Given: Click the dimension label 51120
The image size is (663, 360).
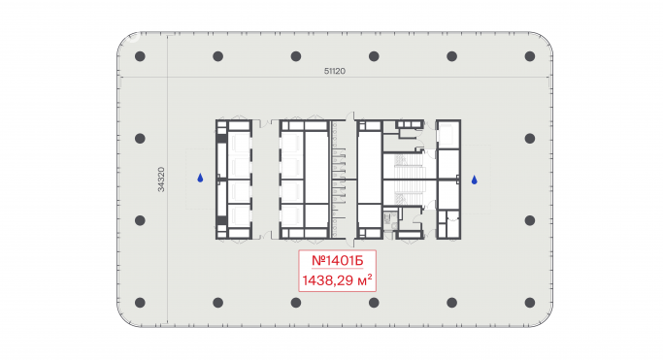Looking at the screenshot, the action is click(x=335, y=71).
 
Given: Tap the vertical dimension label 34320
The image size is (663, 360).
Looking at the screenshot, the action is click(x=161, y=180).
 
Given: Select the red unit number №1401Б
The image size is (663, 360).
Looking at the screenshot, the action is click(x=338, y=261).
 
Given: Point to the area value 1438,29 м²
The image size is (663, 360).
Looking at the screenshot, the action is click(x=338, y=279).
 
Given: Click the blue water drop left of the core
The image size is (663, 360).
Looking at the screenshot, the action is click(x=200, y=178).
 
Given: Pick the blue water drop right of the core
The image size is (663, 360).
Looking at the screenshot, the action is click(x=475, y=180).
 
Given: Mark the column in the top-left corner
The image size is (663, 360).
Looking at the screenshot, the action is click(x=140, y=56).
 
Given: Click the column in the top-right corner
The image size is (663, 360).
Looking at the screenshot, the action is click(x=530, y=56).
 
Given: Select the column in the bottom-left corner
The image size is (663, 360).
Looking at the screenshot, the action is click(x=140, y=303).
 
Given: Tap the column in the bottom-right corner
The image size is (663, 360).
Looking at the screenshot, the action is click(x=530, y=303).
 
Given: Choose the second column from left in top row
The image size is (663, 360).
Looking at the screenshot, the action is click(x=217, y=56).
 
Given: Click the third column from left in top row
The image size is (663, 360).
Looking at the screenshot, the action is click(x=296, y=56).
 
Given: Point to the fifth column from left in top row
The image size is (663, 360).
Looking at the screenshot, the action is click(x=452, y=56).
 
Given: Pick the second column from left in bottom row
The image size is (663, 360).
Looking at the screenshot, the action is click(x=217, y=303).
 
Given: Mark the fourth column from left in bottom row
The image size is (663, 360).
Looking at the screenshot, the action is click(x=374, y=303).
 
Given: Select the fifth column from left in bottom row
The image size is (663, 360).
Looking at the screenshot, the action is click(x=452, y=303).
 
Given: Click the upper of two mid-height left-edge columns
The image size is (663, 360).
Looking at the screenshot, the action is click(x=140, y=138).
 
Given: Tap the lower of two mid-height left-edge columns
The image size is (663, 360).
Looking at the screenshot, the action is click(x=140, y=220).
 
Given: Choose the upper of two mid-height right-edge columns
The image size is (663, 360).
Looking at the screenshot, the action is click(x=530, y=138).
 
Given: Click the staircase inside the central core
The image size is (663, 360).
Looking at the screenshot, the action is click(x=409, y=180).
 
